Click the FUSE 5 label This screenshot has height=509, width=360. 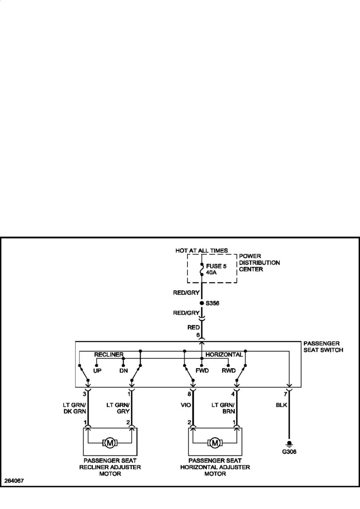pyautogui.click(x=216, y=266)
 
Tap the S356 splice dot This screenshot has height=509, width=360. pyautogui.click(x=201, y=302)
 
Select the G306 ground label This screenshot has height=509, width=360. pyautogui.click(x=289, y=452)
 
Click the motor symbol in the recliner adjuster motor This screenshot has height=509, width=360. pyautogui.click(x=109, y=442)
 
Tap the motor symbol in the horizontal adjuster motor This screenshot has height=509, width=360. pyautogui.click(x=215, y=442)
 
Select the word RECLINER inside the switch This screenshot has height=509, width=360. pyautogui.click(x=109, y=354)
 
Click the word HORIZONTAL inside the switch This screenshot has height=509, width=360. pyautogui.click(x=224, y=354)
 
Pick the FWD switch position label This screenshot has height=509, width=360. pyautogui.click(x=203, y=370)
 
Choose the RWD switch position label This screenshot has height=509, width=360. pyautogui.click(x=228, y=370)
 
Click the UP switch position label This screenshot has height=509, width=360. pyautogui.click(x=97, y=370)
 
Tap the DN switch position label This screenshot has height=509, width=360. pyautogui.click(x=123, y=370)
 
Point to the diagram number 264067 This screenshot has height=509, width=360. pyautogui.click(x=14, y=481)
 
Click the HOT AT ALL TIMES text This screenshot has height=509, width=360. pyautogui.click(x=201, y=250)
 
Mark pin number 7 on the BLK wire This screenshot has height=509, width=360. pyautogui.click(x=285, y=394)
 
